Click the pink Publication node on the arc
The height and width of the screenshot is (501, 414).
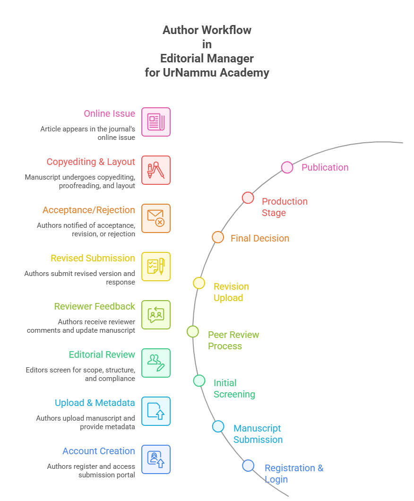click(287, 167)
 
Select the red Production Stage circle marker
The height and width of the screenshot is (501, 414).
click(248, 198)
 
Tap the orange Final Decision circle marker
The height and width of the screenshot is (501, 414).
click(217, 237)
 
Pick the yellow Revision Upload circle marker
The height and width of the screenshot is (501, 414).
click(199, 283)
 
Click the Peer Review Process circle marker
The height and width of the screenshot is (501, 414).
click(193, 331)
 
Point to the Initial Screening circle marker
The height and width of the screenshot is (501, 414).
click(199, 380)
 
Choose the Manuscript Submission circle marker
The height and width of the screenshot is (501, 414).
click(218, 426)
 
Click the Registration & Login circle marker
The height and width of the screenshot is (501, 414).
click(248, 466)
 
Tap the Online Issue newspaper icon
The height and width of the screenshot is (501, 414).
click(156, 122)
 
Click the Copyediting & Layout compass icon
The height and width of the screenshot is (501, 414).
click(156, 170)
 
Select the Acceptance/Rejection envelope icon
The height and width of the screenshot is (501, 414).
click(156, 218)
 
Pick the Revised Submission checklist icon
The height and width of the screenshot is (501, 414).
click(156, 267)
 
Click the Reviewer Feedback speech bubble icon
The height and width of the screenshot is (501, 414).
click(156, 315)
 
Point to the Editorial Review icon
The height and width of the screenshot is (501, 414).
click(156, 363)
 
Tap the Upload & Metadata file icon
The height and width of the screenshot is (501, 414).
click(156, 411)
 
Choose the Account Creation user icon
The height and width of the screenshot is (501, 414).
click(156, 459)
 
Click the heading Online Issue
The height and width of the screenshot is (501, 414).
click(109, 113)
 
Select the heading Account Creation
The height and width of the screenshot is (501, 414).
click(98, 451)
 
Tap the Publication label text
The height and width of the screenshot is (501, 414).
click(325, 167)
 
